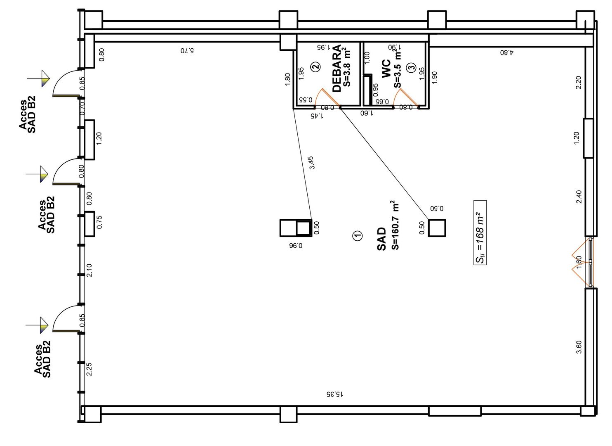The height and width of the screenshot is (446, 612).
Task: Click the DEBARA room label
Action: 337,69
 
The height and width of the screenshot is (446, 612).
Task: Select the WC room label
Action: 386,69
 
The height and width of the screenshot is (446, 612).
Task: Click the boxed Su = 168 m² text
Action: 480,232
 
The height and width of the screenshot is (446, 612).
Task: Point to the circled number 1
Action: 358,235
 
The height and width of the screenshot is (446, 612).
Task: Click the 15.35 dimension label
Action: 335,394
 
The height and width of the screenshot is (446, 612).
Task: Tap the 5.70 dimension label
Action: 187,51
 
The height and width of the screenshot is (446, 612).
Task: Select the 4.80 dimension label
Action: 507,52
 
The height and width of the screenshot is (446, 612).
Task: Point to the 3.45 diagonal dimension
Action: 312,163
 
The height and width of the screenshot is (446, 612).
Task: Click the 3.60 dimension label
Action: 579,347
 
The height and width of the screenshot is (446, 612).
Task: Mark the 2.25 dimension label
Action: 89,369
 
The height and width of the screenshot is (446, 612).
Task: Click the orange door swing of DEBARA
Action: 327,97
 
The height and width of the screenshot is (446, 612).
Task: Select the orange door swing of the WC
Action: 405,97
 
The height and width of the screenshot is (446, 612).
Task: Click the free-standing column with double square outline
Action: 296,228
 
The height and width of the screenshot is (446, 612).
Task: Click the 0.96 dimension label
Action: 296,246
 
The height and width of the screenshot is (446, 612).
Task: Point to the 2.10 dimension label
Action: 89,270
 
